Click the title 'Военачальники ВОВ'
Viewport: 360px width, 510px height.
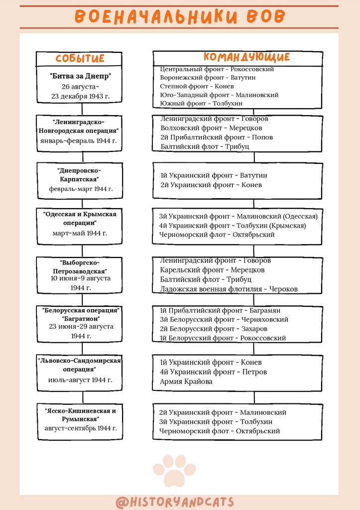pos(180,16)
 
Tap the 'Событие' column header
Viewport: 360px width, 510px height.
pos(80,58)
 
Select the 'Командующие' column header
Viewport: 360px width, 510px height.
pos(246,57)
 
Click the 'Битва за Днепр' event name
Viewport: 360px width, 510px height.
pos(80,76)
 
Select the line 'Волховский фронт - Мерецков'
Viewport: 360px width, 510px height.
pos(211,128)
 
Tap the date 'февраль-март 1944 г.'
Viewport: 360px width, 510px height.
pos(81,189)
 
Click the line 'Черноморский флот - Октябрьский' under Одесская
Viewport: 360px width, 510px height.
pos(217,235)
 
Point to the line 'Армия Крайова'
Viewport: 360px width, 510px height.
pos(186,382)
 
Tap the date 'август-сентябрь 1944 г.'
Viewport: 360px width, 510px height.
pos(81,428)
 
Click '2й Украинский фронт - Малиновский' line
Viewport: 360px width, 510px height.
pos(223,412)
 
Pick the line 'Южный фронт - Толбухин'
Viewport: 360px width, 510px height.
pos(201,103)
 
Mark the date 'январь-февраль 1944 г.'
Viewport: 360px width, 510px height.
pos(79,140)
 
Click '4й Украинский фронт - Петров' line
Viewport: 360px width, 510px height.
pos(213,372)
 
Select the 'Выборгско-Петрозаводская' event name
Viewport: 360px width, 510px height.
pos(80,266)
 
